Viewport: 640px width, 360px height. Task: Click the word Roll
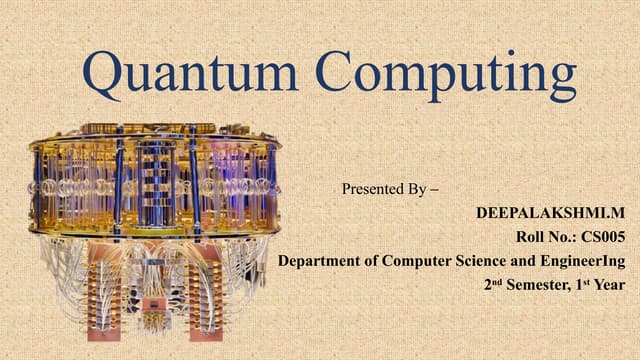pos(525,238)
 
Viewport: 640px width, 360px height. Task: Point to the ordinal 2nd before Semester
pos(491,284)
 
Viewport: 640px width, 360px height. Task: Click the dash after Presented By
pos(434,187)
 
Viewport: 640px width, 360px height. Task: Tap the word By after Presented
pos(417,187)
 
